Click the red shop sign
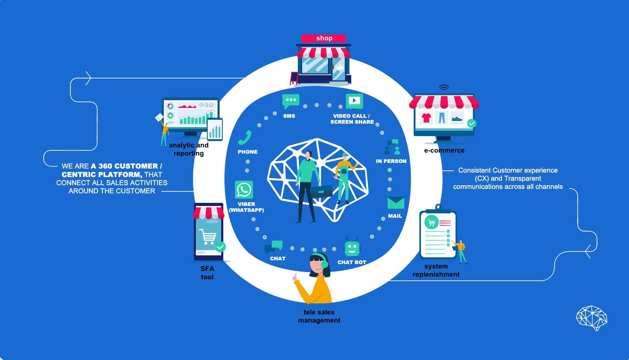pos(324,38)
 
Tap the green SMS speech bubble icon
pos(290,101)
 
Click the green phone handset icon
pos(245,137)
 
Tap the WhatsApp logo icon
pos(244,190)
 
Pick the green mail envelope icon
pos(396,203)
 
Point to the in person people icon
pos(392,147)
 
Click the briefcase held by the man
pos(321,191)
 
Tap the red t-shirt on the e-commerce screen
pos(426,118)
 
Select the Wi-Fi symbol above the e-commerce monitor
pos(444,88)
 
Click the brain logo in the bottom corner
pos(592,317)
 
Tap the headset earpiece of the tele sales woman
pos(325,264)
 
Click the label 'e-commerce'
pos(444,150)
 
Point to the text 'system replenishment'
pos(436,270)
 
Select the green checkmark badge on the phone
pos(220,247)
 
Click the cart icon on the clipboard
pos(432,223)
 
